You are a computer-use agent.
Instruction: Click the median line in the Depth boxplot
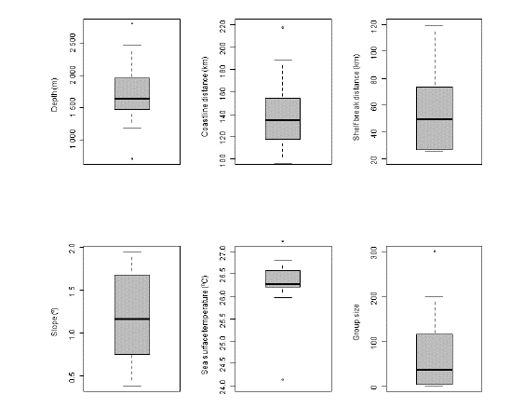click(131, 99)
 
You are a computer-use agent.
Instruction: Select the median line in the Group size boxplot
click(435, 370)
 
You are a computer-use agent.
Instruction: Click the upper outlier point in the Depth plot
click(131, 23)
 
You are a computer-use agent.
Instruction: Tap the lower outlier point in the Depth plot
click(131, 158)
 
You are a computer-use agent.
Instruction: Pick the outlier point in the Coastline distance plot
click(283, 28)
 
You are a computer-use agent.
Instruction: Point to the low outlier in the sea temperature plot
click(283, 379)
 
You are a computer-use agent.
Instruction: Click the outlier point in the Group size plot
click(435, 252)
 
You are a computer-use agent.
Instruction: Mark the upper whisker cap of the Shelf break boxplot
click(435, 26)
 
